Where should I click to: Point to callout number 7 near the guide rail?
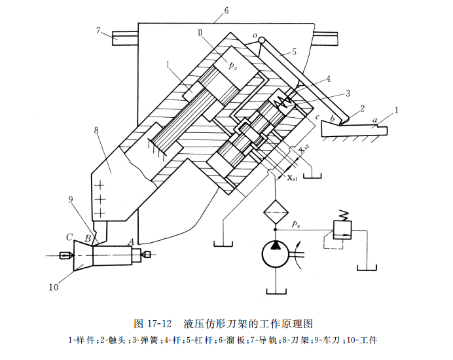pos(98,30)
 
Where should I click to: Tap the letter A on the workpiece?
pos(131,240)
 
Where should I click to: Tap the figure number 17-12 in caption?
pos(157,323)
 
